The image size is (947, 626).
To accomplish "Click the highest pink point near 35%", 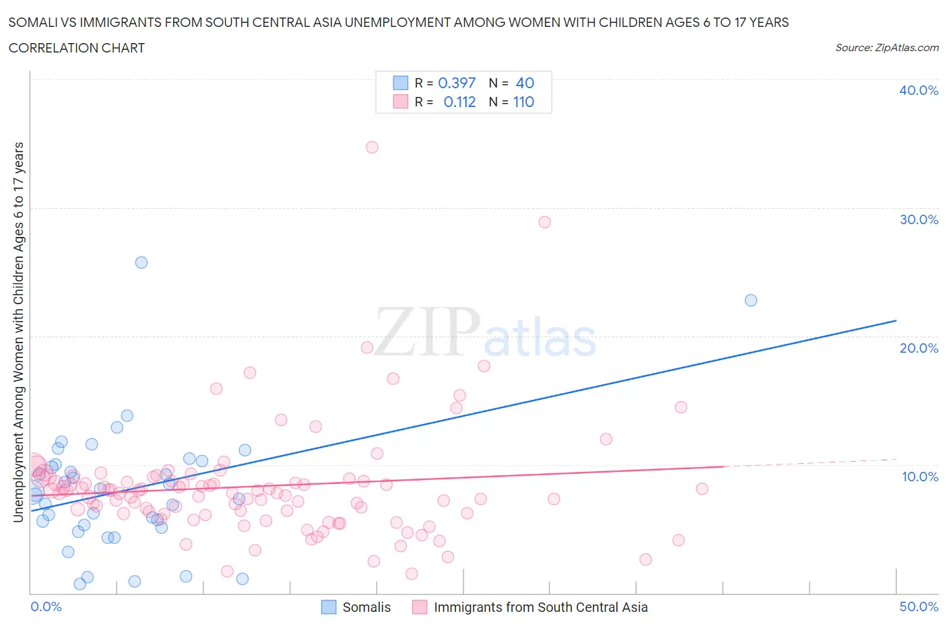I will click(x=372, y=147).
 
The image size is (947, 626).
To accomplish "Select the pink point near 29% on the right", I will click(x=545, y=222).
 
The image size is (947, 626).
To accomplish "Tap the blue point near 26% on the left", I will click(x=141, y=263).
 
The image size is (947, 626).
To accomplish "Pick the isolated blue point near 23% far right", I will click(x=751, y=300).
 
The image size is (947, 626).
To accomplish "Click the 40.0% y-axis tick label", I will click(x=919, y=90).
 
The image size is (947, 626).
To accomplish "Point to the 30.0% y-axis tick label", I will click(x=919, y=219).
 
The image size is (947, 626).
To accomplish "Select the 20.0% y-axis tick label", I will click(x=919, y=348).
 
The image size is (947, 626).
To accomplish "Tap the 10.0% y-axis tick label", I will click(x=919, y=477).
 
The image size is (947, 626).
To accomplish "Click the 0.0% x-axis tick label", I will click(x=46, y=606).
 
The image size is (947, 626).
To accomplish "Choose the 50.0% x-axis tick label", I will click(x=919, y=606).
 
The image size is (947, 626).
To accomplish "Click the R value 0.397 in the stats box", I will click(x=457, y=83).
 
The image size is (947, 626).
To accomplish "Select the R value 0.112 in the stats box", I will click(x=459, y=102).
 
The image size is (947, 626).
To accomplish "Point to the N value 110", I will click(x=523, y=102).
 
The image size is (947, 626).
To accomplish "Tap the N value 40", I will click(x=525, y=83).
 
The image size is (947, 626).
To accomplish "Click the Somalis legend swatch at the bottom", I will click(x=329, y=607).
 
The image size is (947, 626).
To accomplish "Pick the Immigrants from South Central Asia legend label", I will click(x=540, y=607).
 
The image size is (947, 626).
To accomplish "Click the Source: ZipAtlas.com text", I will click(x=886, y=47).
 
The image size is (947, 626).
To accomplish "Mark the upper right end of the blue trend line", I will click(x=896, y=320).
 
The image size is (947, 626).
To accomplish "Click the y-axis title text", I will click(x=18, y=332).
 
